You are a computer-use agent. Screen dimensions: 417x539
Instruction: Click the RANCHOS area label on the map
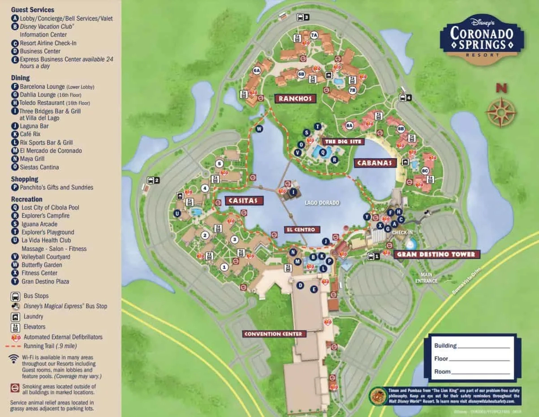pos(295,99)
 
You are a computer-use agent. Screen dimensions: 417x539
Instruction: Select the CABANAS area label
pos(375,163)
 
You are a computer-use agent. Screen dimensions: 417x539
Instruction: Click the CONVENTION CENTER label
pos(274,334)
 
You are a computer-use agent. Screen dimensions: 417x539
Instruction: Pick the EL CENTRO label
pos(302,230)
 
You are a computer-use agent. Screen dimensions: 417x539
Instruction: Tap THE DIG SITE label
pos(343,142)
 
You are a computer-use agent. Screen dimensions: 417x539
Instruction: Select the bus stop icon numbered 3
pos(302,17)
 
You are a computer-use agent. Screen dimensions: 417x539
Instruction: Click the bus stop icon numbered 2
pos(153,180)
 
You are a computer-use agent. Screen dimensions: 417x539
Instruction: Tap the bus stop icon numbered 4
pos(405,98)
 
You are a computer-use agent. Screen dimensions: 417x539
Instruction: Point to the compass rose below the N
pos(501,112)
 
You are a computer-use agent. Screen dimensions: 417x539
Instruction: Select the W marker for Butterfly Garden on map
pos(259,129)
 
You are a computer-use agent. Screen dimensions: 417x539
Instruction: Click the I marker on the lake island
pos(293,192)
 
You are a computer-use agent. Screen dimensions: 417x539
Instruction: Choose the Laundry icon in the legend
pos(15,317)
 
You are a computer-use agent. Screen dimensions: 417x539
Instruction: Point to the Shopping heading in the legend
pos(25,179)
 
